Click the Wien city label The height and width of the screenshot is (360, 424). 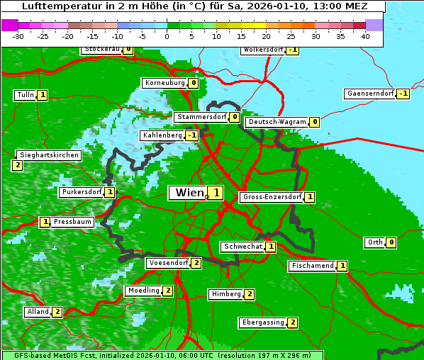coord(188,193)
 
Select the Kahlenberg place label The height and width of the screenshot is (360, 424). coord(162,135)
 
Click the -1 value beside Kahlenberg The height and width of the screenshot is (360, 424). coord(191,135)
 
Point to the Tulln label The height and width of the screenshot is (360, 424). coord(25,95)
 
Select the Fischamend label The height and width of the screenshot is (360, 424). coord(312,266)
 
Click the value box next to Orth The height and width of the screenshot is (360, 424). coord(391,242)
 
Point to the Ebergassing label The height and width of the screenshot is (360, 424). coord(263,322)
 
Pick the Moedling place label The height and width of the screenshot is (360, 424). coord(143,291)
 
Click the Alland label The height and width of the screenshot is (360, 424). coord(38,312)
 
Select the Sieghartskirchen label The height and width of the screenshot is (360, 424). coord(48,155)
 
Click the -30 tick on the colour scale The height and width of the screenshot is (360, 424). coord(18,36)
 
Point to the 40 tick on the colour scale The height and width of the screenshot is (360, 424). coord(365,36)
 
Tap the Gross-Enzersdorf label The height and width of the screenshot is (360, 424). coord(272,197)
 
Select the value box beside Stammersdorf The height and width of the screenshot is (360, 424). coord(234,117)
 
